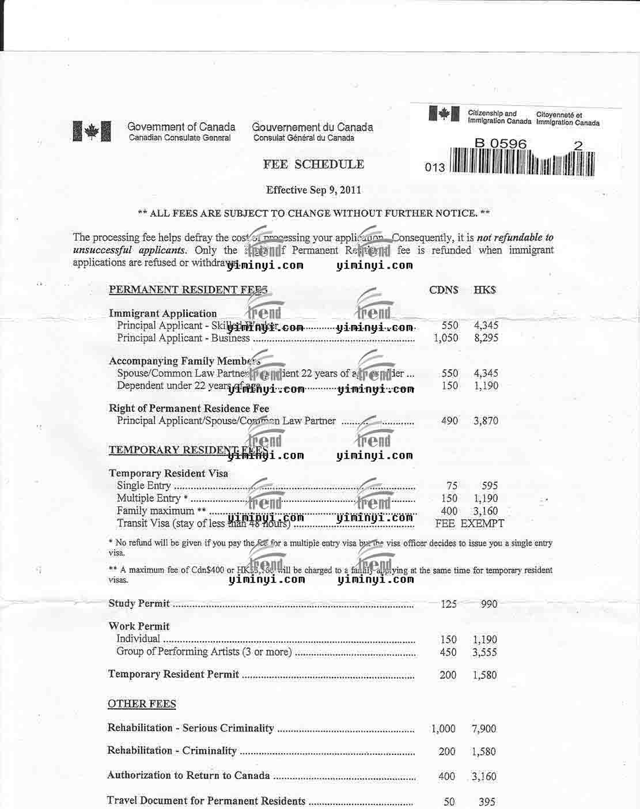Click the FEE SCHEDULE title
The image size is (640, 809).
[x=313, y=164]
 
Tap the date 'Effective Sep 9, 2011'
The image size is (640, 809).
[x=313, y=190]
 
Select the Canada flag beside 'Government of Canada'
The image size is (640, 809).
[x=92, y=132]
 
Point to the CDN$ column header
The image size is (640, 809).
[x=444, y=290]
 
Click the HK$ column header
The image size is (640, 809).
[x=484, y=290]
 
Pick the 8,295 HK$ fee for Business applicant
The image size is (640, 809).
[x=486, y=338]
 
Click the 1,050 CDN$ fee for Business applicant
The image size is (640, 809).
[x=446, y=338]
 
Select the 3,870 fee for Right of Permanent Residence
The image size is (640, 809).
[x=486, y=421]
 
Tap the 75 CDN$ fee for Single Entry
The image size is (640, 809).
[x=452, y=486]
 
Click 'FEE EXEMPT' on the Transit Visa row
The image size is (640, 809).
[x=469, y=524]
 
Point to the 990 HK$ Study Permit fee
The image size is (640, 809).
[x=488, y=604]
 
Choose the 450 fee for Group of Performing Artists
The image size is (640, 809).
[x=448, y=652]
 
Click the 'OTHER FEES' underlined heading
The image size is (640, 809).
[x=142, y=704]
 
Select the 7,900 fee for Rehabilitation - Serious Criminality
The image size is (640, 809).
[x=483, y=729]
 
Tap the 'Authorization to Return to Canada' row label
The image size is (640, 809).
[x=188, y=776]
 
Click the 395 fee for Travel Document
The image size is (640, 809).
[x=487, y=802]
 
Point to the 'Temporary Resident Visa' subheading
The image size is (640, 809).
[x=168, y=474]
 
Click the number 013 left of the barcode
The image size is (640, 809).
[x=435, y=168]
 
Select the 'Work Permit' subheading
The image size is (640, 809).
[x=139, y=626]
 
